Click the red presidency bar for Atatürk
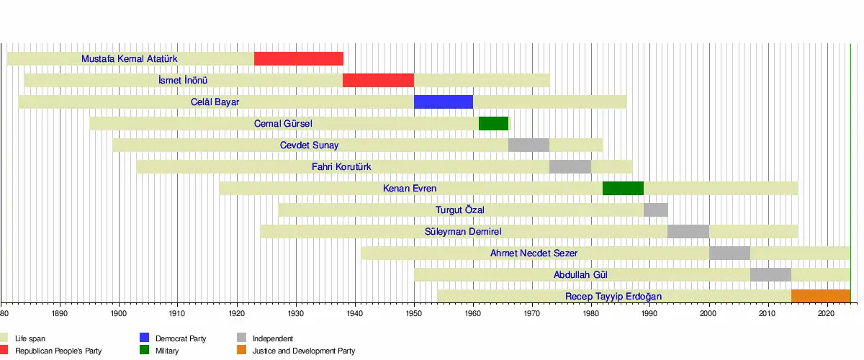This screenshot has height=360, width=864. click(x=299, y=59)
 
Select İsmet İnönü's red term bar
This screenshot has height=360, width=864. click(x=378, y=81)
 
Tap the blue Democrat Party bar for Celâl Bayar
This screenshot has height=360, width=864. click(x=444, y=102)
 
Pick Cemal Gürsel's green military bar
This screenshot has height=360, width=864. click(x=493, y=124)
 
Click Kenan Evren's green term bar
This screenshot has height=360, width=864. click(x=623, y=189)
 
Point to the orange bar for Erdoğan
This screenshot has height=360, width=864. click(x=821, y=297)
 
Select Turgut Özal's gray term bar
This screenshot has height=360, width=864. click(x=656, y=210)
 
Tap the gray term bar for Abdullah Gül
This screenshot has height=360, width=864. click(x=770, y=275)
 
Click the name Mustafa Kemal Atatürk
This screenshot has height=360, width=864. click(x=130, y=59)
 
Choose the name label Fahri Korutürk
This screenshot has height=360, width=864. click(x=341, y=167)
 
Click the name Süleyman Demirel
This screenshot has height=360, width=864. click(x=464, y=232)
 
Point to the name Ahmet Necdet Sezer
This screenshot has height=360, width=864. click(x=534, y=253)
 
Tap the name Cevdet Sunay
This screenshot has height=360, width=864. click(x=310, y=145)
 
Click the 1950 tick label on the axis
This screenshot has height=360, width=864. click(x=414, y=314)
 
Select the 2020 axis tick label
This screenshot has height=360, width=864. click(x=827, y=314)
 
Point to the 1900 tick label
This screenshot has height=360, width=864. click(x=119, y=314)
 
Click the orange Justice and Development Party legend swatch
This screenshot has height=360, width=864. click(x=242, y=351)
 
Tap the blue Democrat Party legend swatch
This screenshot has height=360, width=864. click(x=145, y=338)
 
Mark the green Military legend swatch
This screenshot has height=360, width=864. click(x=145, y=351)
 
